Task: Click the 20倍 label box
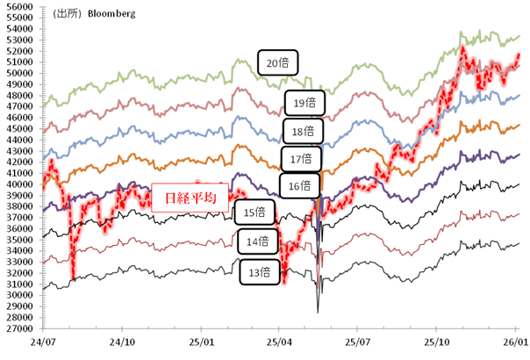pyautogui.click(x=278, y=62)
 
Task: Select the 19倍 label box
pyautogui.click(x=304, y=104)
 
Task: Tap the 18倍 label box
pyautogui.click(x=303, y=132)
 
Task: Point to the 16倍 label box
pyautogui.click(x=299, y=185)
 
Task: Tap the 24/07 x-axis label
pyautogui.click(x=42, y=342)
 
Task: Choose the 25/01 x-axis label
pyautogui.click(x=201, y=342)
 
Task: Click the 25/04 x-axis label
pyautogui.click(x=279, y=342)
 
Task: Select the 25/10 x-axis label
pyautogui.click(x=437, y=342)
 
